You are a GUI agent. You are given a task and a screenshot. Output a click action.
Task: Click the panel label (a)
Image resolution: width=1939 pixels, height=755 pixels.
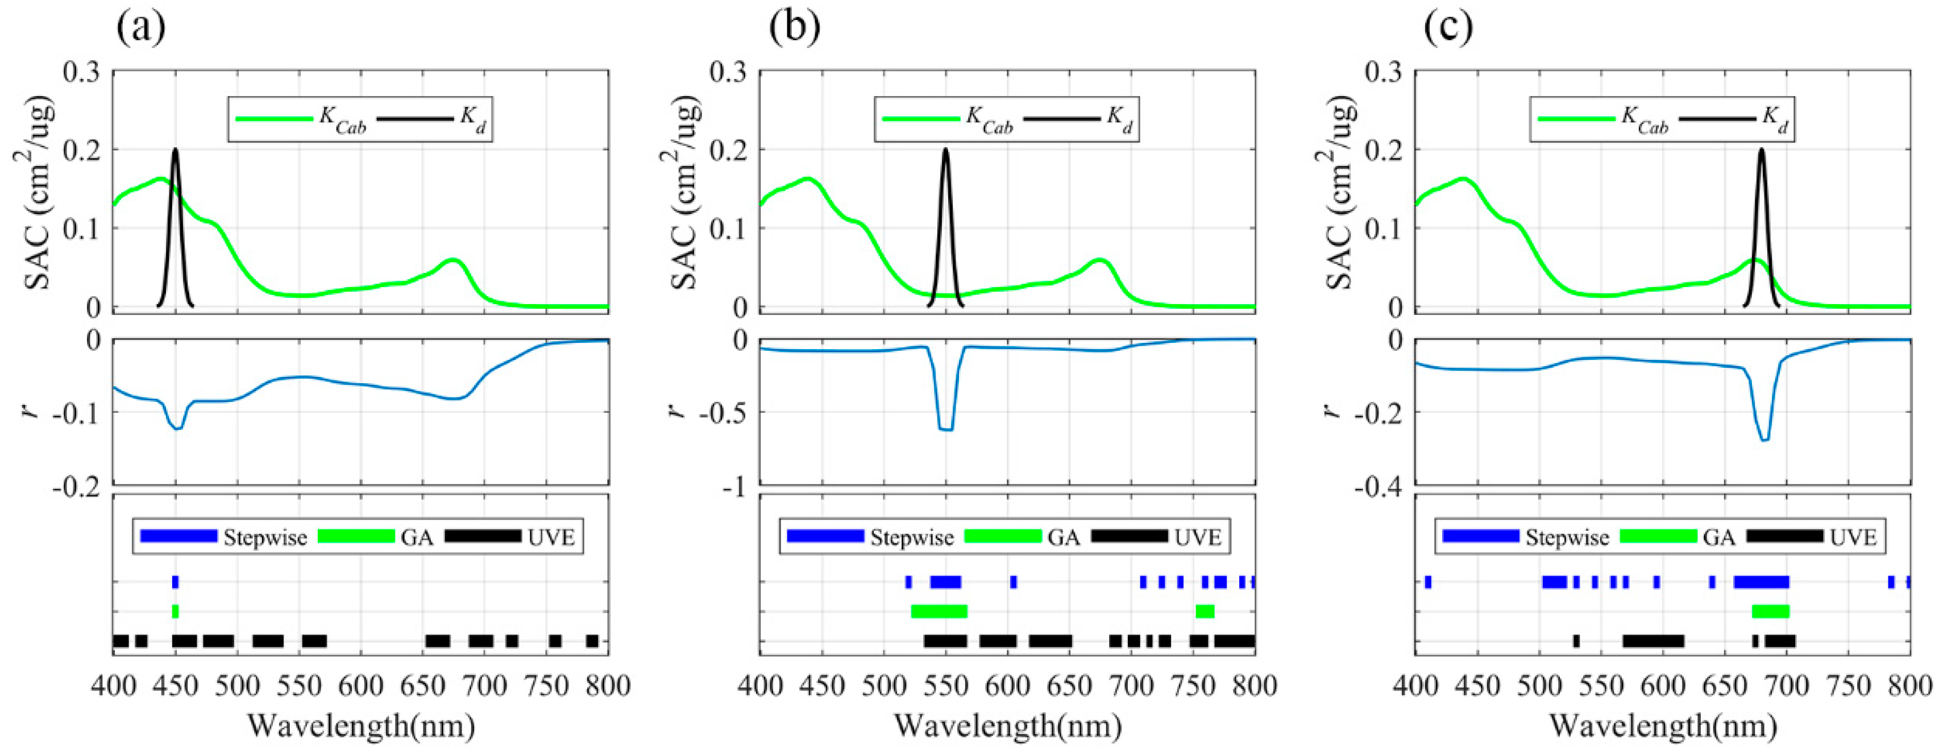click(x=141, y=28)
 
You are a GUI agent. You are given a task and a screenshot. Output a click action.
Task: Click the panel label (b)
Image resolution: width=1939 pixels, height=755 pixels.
click(x=795, y=28)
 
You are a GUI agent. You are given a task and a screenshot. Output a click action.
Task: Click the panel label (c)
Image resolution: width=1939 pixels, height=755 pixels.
click(x=1449, y=28)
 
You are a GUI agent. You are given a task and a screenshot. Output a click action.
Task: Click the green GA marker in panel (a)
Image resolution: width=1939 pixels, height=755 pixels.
click(x=176, y=611)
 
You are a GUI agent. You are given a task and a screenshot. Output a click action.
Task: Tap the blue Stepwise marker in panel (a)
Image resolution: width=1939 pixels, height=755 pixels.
click(x=176, y=582)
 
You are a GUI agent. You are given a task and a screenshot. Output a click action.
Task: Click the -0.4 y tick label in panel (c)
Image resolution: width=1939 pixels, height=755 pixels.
click(x=1379, y=488)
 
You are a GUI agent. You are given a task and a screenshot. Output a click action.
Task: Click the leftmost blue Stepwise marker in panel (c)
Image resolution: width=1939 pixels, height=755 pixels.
click(x=1428, y=582)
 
